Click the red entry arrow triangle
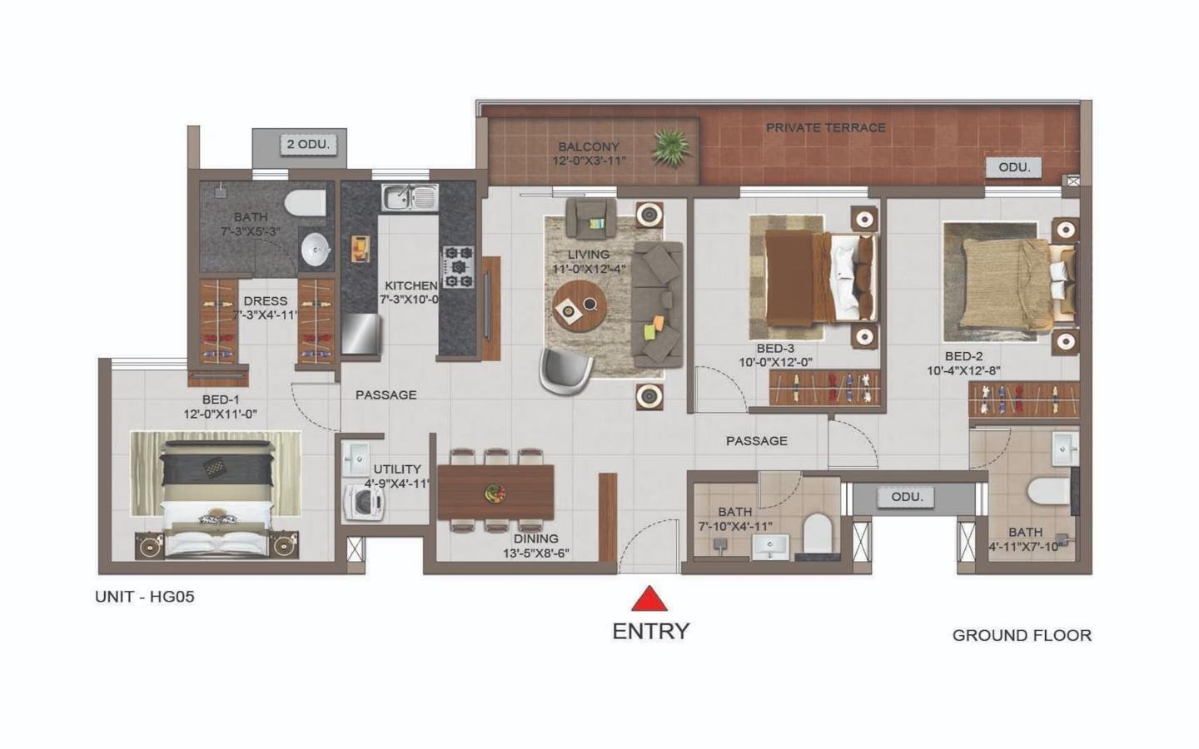(x=649, y=599)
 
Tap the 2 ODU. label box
(x=308, y=144)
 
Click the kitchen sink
(x=410, y=197)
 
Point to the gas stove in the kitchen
(x=457, y=267)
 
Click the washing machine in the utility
(x=364, y=501)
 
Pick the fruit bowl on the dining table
(x=495, y=493)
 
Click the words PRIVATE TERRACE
(x=825, y=127)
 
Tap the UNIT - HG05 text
(x=145, y=597)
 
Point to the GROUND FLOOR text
(x=1022, y=635)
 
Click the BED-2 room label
(x=963, y=356)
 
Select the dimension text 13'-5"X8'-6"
(x=535, y=553)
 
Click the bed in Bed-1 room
(x=216, y=495)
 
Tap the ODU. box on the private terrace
(x=1013, y=167)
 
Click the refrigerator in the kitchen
(x=361, y=333)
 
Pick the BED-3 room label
(x=775, y=349)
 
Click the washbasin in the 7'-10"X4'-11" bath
(x=771, y=546)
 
